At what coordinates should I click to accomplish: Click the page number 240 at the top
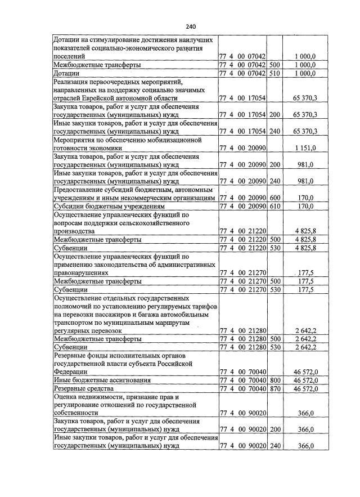coord(190,26)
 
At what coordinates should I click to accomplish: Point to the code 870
coord(275,388)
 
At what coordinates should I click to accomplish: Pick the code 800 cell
coord(275,380)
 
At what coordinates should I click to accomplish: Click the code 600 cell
coord(275,198)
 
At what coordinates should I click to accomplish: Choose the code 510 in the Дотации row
coord(275,73)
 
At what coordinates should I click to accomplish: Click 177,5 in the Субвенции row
coord(305,289)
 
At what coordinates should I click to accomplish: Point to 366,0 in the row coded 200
coord(305,429)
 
